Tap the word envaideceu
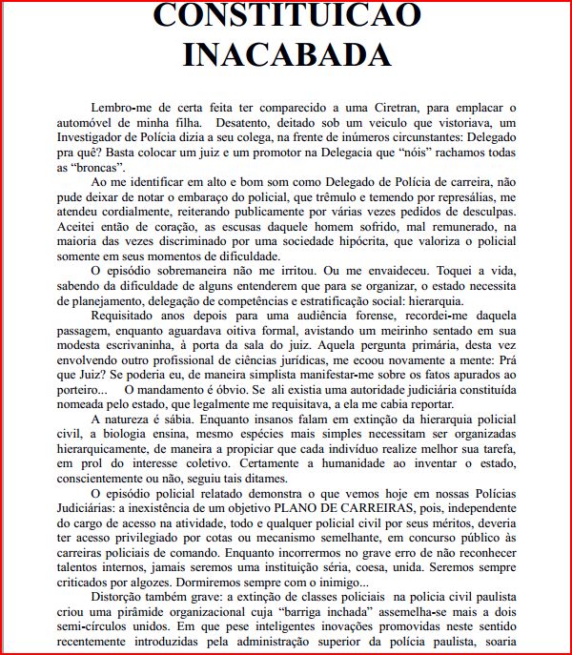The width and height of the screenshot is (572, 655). click(388, 273)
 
